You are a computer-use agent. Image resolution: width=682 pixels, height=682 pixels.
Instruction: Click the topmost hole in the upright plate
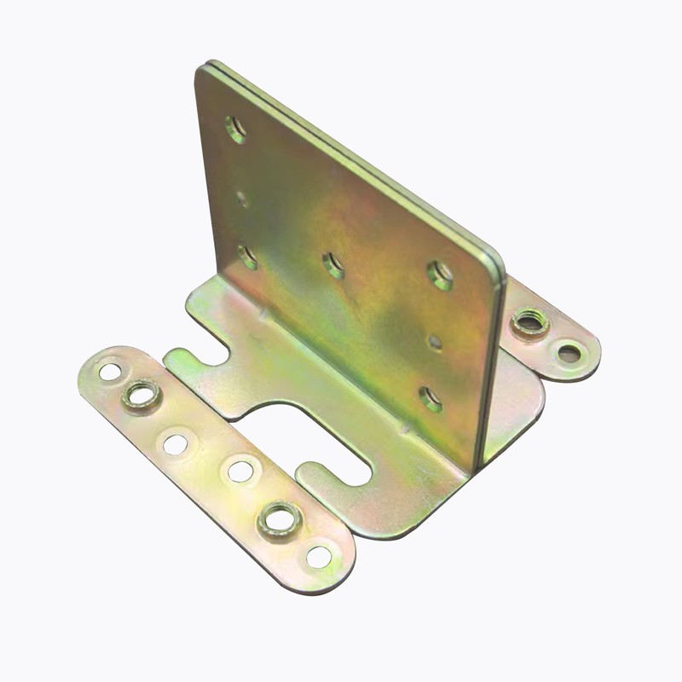(235, 129)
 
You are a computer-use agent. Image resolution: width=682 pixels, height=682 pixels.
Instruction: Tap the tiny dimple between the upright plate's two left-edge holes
(242, 199)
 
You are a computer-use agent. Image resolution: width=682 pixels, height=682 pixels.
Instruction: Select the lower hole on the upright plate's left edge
(248, 256)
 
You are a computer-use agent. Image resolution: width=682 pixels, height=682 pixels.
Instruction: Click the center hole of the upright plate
(333, 265)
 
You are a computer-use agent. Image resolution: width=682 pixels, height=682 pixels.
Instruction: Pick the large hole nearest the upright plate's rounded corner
(441, 275)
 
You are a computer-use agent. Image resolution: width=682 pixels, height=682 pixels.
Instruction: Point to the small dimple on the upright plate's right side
(435, 341)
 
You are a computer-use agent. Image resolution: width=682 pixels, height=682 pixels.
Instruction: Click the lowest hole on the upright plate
(431, 397)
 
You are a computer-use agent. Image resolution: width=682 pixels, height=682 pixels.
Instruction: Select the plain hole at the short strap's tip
(569, 351)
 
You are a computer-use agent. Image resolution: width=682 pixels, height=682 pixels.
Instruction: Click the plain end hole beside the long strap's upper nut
(110, 372)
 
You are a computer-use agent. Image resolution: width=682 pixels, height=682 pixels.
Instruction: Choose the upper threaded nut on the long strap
(142, 396)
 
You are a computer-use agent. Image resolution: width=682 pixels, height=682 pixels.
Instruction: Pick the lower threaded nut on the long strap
(279, 517)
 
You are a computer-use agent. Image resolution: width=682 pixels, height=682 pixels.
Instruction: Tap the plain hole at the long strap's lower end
(319, 557)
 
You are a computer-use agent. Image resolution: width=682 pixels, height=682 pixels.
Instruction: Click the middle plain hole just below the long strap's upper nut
(176, 443)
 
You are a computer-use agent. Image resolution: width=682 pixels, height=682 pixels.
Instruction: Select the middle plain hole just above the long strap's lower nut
(240, 470)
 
